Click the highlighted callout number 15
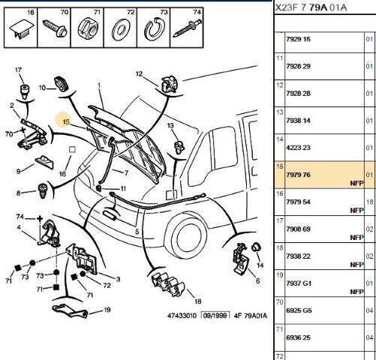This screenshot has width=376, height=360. [x=66, y=121]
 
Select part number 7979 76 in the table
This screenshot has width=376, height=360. [x=298, y=175]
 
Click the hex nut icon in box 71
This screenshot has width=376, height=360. [x=88, y=28]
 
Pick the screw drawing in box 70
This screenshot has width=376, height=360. [x=55, y=28]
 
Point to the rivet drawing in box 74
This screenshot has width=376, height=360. [x=187, y=28]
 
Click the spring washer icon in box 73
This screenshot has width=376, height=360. [x=155, y=29]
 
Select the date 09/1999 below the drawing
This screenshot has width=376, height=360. [x=215, y=315]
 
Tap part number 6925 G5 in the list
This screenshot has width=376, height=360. [x=299, y=310]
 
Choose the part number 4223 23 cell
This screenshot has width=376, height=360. [x=298, y=148]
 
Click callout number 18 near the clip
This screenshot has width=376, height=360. [x=197, y=301]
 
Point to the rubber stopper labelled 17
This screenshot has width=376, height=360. [x=25, y=92]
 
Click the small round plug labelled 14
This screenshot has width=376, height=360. [x=256, y=247]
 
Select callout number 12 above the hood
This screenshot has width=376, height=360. [x=139, y=74]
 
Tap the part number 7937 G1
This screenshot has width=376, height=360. [x=299, y=283]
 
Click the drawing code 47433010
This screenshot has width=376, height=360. [x=182, y=316]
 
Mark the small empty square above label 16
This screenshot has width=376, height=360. [x=72, y=149]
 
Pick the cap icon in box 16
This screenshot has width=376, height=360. [x=22, y=29]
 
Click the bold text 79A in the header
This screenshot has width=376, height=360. [x=318, y=7]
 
